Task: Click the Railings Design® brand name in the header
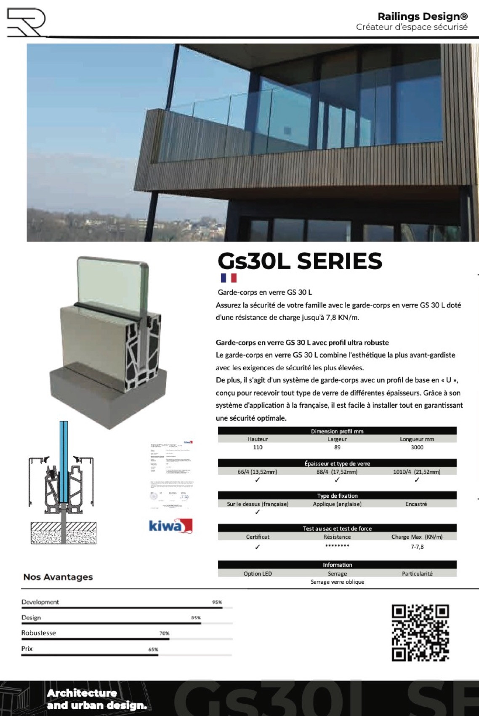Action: point(422,16)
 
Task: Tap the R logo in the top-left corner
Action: point(26,22)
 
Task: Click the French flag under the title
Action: point(229,278)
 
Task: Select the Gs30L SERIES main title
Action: point(300,261)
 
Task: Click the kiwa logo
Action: point(170,526)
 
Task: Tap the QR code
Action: point(420,633)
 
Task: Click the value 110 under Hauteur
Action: point(258,447)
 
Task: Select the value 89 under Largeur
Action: point(337,447)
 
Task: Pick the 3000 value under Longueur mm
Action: point(417,447)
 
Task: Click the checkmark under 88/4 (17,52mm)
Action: point(337,480)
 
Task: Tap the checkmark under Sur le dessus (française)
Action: point(258,512)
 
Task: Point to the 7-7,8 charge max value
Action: point(417,547)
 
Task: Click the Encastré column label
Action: point(416,504)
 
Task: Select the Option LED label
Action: point(258,574)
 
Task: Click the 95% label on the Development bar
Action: point(217,602)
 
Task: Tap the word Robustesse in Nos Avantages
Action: point(38,633)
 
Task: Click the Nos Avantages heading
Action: point(58,577)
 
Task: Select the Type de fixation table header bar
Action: point(337,496)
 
